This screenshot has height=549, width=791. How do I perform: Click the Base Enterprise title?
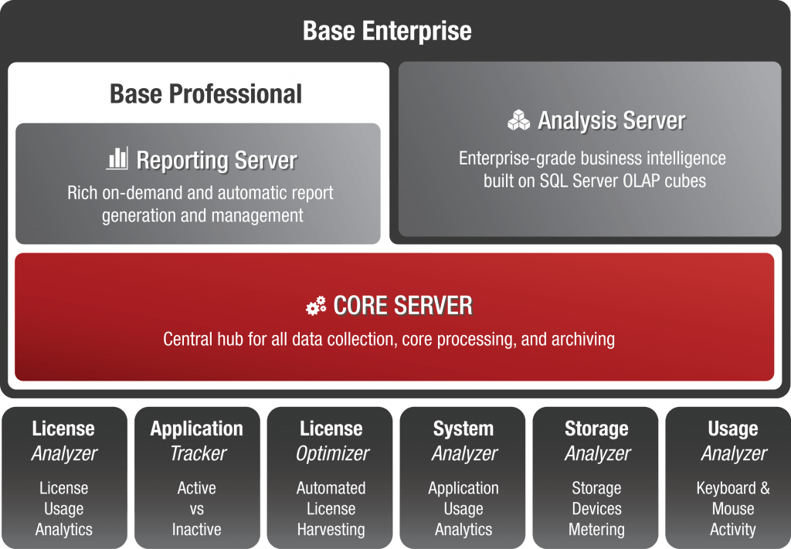[x=387, y=31]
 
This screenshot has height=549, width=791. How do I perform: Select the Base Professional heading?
[x=205, y=93]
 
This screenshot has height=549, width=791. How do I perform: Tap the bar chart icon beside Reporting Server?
[x=117, y=158]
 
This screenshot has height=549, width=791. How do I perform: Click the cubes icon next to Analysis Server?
[x=518, y=120]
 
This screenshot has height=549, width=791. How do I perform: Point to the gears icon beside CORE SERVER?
[x=316, y=306]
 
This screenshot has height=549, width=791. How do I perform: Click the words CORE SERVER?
[x=403, y=306]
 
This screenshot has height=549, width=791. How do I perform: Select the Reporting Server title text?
[x=217, y=161]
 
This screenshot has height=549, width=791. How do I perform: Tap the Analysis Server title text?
[x=612, y=120]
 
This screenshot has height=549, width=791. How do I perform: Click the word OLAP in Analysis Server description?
[x=641, y=181]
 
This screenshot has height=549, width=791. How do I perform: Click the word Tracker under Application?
[x=198, y=453]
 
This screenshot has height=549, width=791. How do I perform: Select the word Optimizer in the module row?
[x=333, y=454]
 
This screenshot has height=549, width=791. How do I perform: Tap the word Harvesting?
[x=331, y=530]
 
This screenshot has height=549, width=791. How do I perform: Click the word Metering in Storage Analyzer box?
[x=597, y=530]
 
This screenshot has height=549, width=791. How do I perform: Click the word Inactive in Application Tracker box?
[x=197, y=530]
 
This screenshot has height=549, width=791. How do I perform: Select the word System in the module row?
[x=463, y=429]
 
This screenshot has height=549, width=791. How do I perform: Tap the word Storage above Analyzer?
[x=597, y=429]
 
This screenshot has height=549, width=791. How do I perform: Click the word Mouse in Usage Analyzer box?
[x=733, y=509]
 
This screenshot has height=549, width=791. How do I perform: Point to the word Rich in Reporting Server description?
[x=82, y=192]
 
